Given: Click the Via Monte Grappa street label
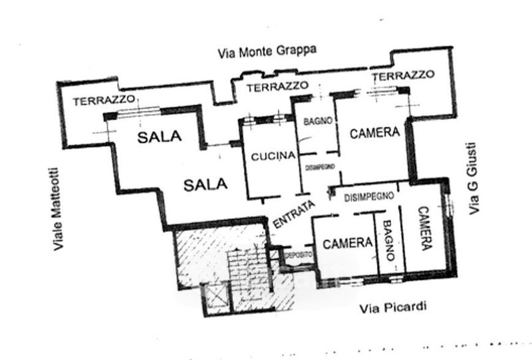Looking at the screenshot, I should point(267,51).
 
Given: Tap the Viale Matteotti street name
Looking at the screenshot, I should point(58,208).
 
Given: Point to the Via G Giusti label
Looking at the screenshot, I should point(473,178).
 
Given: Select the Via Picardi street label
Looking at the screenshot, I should point(392,307).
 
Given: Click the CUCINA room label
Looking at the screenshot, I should point(273,156).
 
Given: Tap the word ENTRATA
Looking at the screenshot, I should point(293,215).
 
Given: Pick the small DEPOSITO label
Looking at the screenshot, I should point(298,254).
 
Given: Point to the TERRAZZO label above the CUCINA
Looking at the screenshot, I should point(277,87).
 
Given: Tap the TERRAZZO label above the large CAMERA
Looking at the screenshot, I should point(403,76).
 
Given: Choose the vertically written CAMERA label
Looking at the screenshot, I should point(424,228).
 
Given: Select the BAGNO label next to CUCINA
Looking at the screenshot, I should point(318,122).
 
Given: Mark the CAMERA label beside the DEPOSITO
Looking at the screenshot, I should point(347,243).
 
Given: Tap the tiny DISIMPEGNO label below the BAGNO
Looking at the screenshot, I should point(320,167).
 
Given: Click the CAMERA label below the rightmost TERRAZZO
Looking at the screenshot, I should point(374,132).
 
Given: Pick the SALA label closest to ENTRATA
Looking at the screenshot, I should point(205,184).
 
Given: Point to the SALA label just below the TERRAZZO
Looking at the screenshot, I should point(159,137).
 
